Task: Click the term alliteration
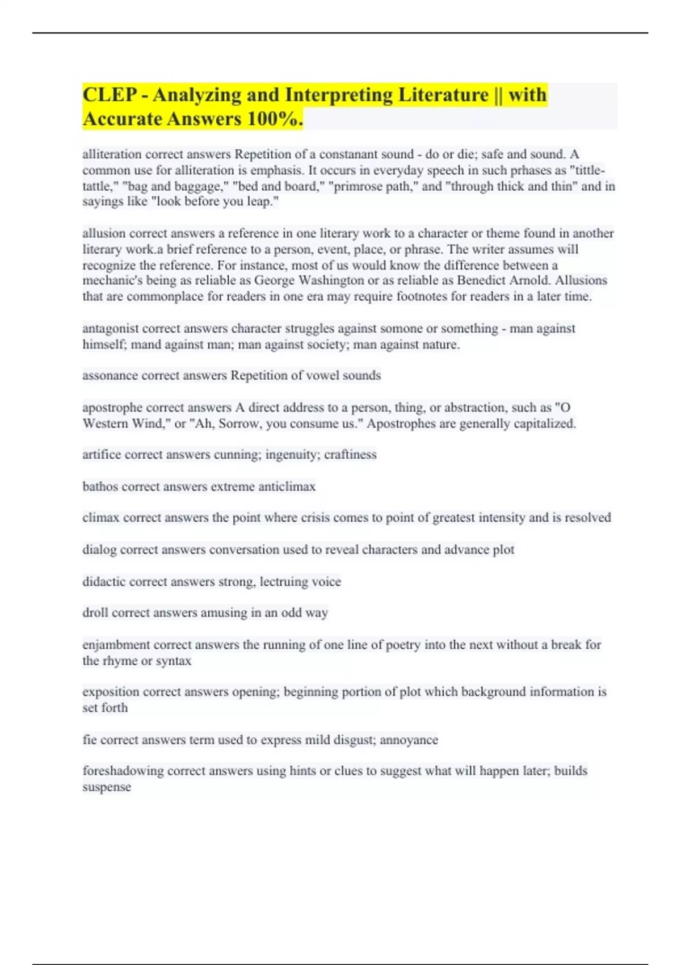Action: tap(112, 154)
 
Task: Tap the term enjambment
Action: tap(116, 645)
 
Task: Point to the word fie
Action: tap(89, 740)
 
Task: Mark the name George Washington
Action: tap(309, 280)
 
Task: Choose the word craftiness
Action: tap(350, 455)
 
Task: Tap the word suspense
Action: tap(107, 787)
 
